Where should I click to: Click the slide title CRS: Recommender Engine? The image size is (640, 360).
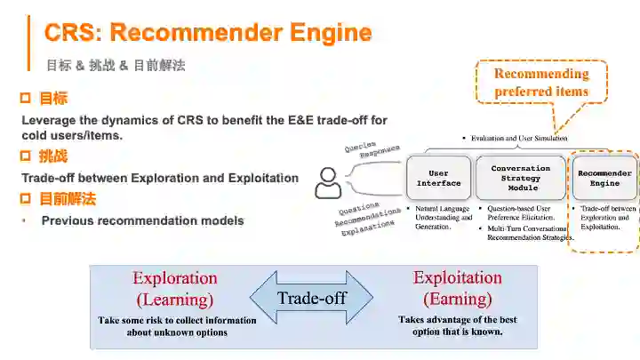click(x=207, y=34)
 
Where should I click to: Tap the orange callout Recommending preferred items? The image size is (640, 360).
click(x=541, y=83)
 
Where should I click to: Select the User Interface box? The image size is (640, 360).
click(x=438, y=178)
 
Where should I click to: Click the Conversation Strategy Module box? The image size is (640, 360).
click(x=520, y=178)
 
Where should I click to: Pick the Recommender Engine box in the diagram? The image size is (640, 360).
click(x=604, y=178)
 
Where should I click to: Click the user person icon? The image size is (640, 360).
click(x=329, y=183)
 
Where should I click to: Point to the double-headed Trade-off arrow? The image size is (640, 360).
click(x=311, y=298)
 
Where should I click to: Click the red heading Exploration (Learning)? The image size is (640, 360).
click(x=175, y=288)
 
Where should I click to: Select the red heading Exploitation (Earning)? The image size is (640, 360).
click(x=458, y=288)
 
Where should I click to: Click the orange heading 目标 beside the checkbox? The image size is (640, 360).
click(x=52, y=98)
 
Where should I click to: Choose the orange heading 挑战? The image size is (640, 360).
click(x=52, y=156)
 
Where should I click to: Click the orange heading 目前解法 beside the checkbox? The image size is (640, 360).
click(x=67, y=198)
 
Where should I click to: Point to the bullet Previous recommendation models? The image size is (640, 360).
click(x=142, y=220)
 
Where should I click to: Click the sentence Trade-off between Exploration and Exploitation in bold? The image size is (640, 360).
click(x=160, y=178)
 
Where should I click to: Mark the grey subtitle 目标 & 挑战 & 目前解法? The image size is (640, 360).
click(x=116, y=65)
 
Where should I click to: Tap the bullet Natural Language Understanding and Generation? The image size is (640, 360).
click(x=444, y=218)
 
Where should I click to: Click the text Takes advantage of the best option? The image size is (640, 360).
click(x=458, y=325)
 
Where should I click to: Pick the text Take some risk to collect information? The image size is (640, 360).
click(x=177, y=326)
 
